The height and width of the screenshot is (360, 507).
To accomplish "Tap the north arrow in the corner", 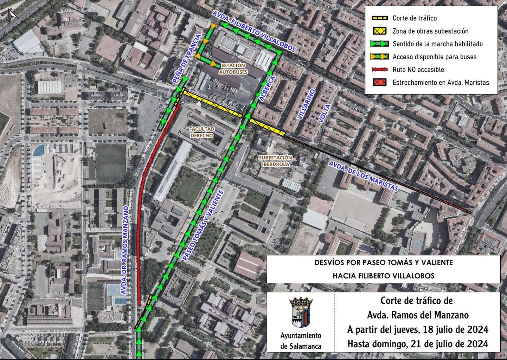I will (x=12, y=15).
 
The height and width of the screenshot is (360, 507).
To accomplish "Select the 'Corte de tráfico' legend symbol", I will (x=380, y=18).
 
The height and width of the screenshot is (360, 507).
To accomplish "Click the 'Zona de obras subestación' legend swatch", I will (x=380, y=31).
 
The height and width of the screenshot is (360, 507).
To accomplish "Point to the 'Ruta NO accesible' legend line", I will (x=380, y=70).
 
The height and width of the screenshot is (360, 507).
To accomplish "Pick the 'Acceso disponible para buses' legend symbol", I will (x=380, y=57).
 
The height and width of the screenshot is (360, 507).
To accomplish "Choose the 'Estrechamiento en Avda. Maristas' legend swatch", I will (x=380, y=82).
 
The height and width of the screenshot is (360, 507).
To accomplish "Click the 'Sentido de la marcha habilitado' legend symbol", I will (x=380, y=44).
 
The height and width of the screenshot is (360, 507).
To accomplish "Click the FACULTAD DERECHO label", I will (x=202, y=132).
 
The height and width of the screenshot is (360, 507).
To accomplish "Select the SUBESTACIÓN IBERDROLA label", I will (x=275, y=161).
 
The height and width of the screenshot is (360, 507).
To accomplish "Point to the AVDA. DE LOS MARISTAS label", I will (x=363, y=176).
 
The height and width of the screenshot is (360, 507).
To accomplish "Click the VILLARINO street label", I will (x=306, y=104).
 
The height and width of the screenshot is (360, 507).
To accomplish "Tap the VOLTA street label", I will (x=324, y=113).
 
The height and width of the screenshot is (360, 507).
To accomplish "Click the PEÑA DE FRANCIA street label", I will (x=187, y=59).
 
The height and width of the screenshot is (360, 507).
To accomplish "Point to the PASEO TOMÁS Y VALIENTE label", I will (x=203, y=226).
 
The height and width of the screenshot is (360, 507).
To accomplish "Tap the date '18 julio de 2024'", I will (x=455, y=330).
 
